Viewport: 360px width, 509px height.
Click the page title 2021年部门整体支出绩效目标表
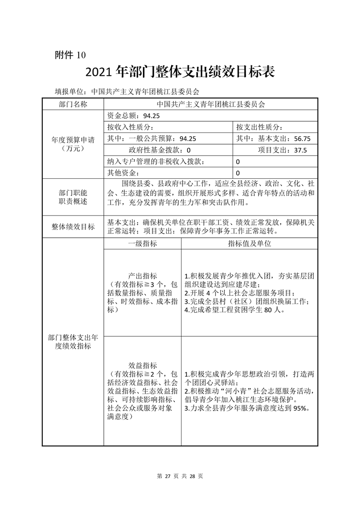(180, 72)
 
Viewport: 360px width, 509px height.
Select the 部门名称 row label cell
(73, 104)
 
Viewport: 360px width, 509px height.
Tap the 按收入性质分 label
(130, 127)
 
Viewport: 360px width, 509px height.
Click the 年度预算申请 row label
(73, 144)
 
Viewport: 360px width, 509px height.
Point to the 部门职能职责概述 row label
(73, 196)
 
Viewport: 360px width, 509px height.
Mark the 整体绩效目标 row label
(73, 227)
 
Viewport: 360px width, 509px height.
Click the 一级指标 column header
(142, 244)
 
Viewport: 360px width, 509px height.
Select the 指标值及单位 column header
(249, 244)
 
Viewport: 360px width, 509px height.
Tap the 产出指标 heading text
(143, 276)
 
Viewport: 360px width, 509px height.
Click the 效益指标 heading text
(143, 365)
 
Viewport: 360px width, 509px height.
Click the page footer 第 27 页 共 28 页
(180, 476)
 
